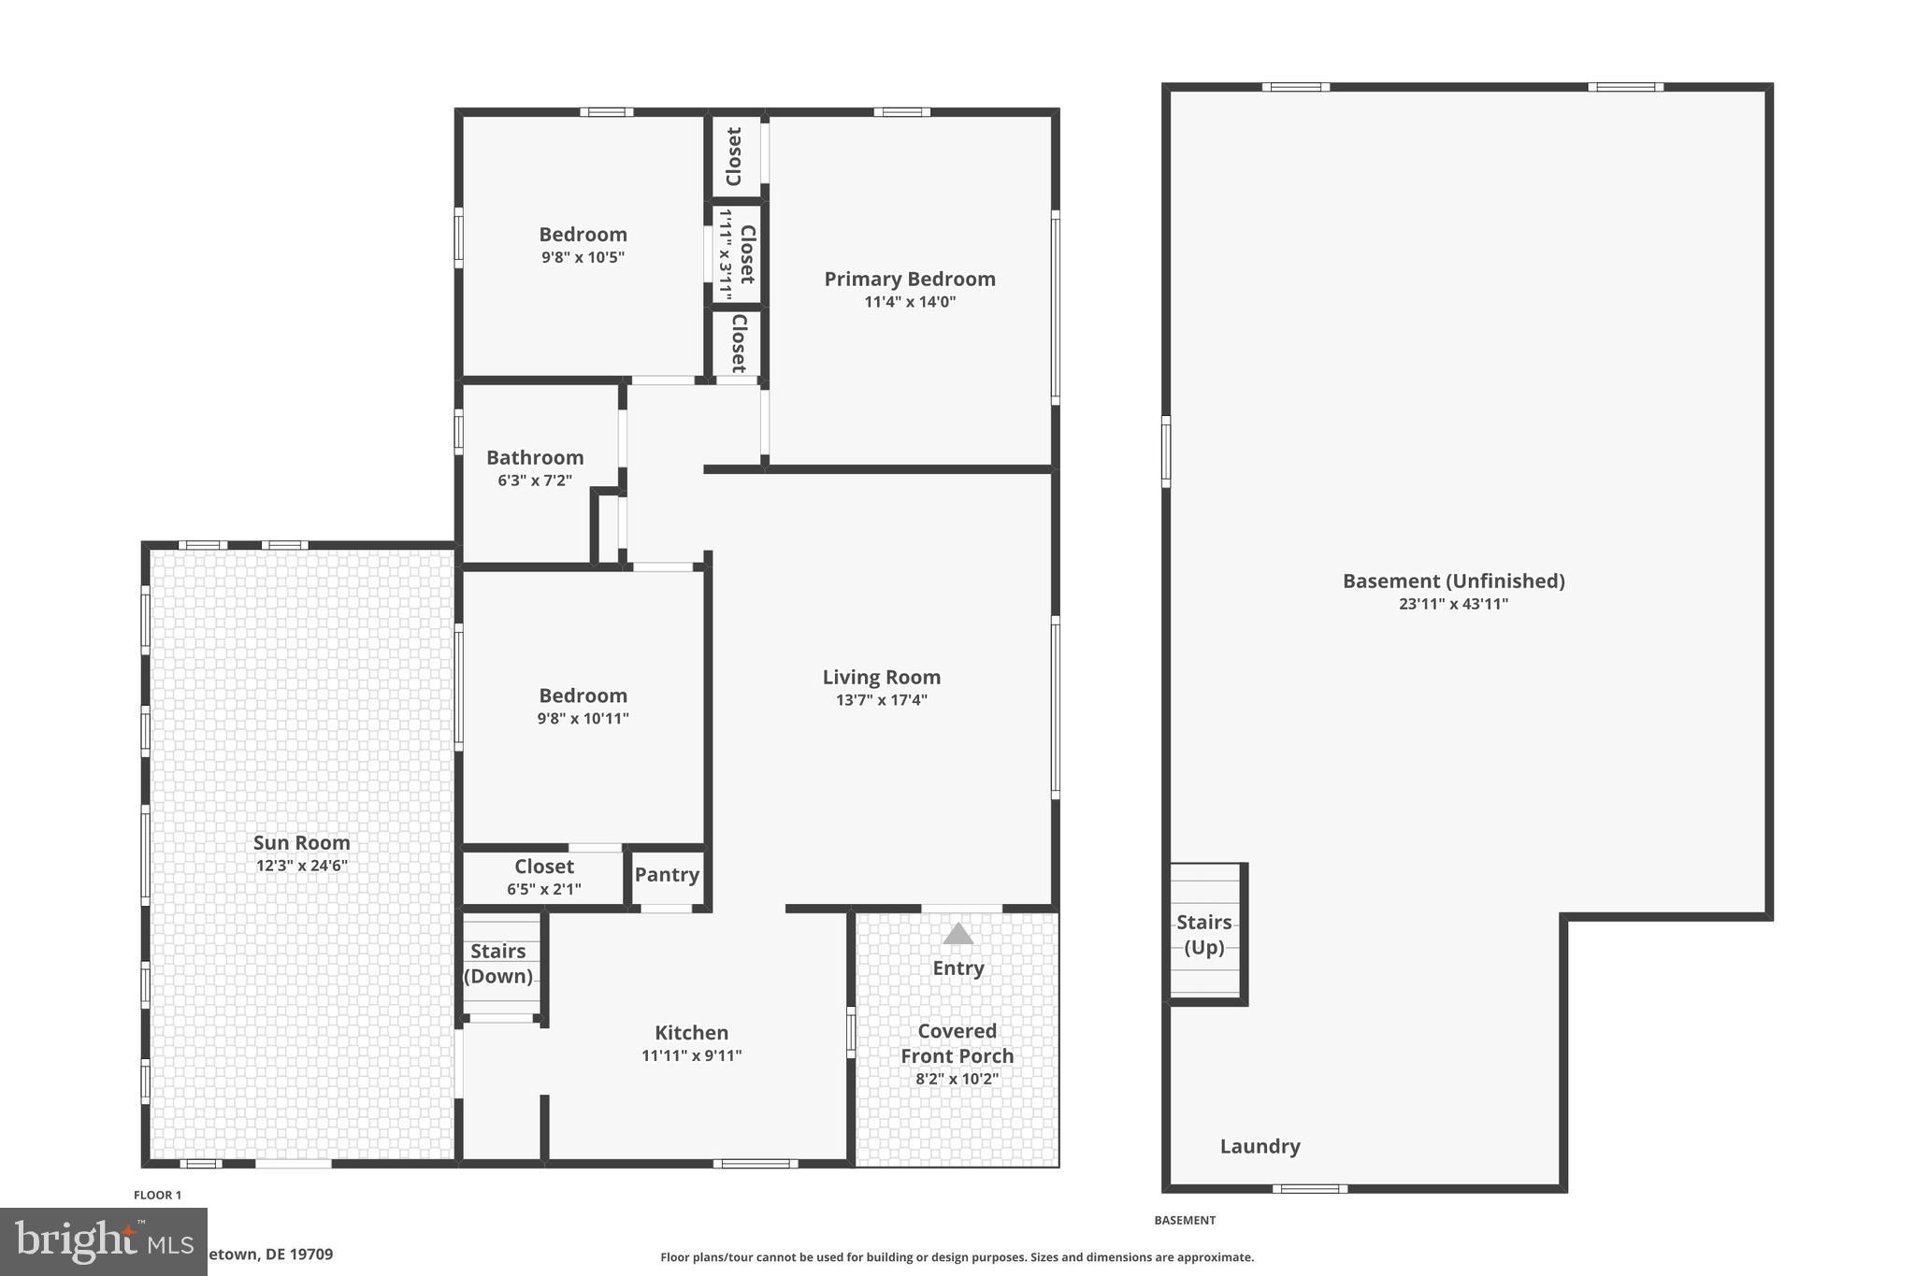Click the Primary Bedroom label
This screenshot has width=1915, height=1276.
909,279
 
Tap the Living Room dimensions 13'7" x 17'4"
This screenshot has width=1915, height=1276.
881,700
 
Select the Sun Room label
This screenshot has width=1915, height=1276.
301,842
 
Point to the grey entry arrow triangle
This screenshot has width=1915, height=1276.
957,934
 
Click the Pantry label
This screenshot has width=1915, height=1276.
667,875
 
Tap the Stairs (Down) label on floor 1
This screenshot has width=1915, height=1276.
497,964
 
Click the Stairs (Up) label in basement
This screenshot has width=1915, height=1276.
1203,935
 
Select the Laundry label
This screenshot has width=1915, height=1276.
1260,1146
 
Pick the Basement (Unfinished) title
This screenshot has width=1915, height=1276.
1453,581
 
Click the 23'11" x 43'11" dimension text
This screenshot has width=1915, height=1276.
1453,604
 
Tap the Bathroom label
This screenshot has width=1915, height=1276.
535,457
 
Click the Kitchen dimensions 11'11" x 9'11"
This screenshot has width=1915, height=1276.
691,1055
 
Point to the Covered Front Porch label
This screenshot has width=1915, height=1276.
957,1043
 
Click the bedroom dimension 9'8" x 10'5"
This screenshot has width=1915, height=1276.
583,257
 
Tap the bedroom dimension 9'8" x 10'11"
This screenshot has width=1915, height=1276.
583,719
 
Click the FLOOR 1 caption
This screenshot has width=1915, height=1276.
157,1195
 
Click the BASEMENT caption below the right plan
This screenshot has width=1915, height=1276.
1184,1220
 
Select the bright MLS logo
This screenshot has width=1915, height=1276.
103,1241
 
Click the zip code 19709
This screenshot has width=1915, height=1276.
312,1254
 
